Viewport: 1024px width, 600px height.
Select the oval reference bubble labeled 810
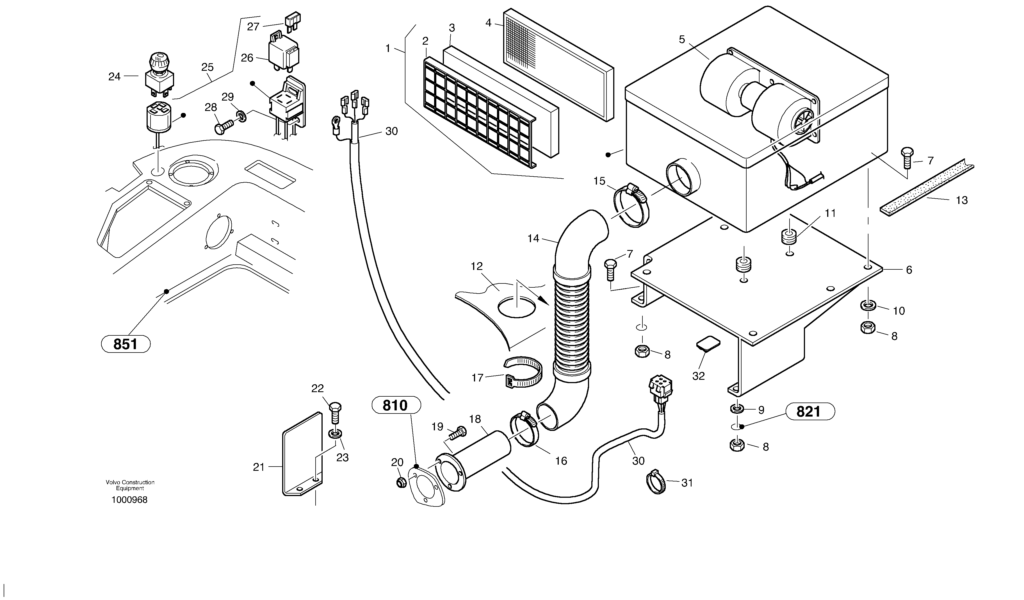click(x=396, y=405)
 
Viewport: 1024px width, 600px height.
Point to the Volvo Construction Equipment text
click(x=130, y=485)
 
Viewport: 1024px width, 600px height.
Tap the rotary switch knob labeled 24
click(x=159, y=75)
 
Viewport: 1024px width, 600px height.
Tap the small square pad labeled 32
click(x=708, y=343)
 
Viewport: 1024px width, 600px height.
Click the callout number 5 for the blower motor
click(x=681, y=39)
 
